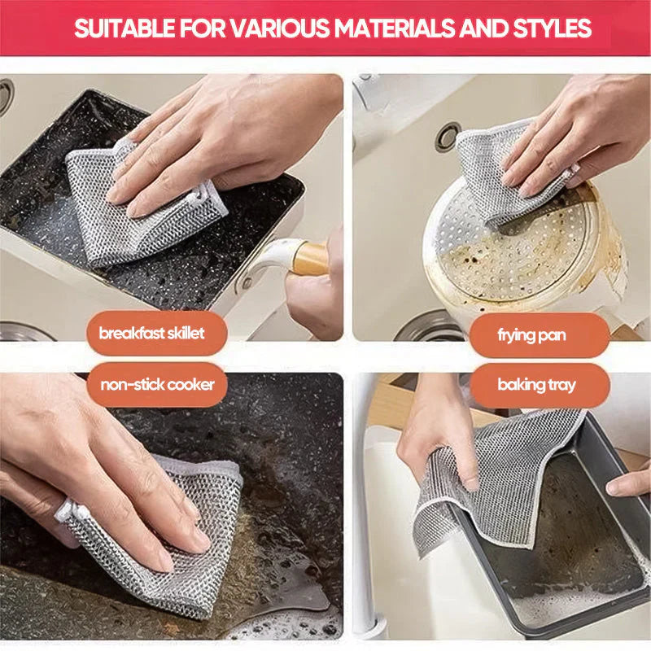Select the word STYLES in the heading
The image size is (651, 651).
(550, 28)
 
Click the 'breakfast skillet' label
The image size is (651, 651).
(151, 334)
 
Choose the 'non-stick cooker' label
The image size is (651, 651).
(157, 384)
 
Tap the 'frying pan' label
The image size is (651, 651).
(532, 334)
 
